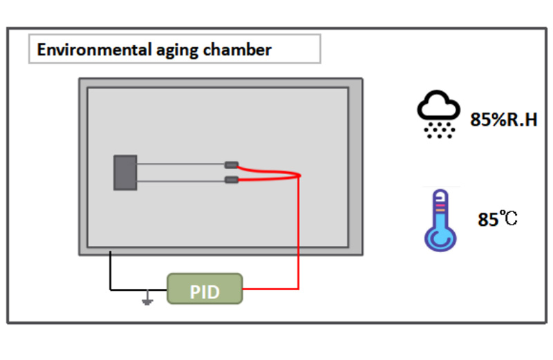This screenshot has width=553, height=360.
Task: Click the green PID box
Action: tap(205, 289)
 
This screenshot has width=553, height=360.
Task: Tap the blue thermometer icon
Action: tap(440, 219)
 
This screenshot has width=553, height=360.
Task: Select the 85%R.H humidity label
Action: tap(503, 120)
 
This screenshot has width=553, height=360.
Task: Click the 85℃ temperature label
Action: tap(498, 220)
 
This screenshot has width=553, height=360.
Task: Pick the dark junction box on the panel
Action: tap(125, 172)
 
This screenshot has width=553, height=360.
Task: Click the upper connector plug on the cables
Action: tap(232, 165)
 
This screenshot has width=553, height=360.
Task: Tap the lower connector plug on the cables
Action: tap(232, 180)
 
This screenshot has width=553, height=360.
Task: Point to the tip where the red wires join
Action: tap(300, 175)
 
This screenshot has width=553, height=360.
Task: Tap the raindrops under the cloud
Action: tap(438, 129)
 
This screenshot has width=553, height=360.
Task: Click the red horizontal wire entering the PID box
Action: tap(270, 289)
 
